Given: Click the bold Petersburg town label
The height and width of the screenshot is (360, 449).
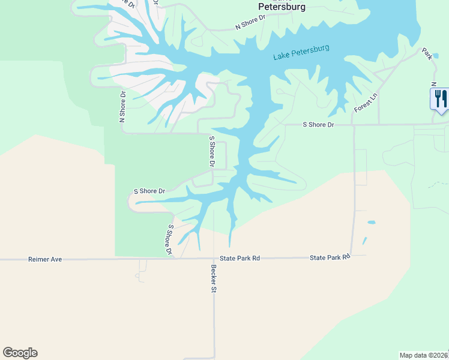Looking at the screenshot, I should point(282,7).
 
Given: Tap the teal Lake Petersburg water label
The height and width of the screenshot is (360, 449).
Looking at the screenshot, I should point(301,52).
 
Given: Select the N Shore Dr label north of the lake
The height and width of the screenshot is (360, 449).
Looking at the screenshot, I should point(250,22).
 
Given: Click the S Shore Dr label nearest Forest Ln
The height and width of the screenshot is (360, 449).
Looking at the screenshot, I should point(318,124).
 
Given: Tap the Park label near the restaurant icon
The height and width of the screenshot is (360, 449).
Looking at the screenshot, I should point(427,53).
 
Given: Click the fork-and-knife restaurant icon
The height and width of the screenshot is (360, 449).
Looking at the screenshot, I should point(440,98).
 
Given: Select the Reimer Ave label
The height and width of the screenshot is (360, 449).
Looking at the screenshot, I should point(45,259).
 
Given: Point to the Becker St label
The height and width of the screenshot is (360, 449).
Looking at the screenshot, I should point(212,278).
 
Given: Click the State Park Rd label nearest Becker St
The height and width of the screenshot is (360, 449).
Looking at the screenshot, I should point(240,258).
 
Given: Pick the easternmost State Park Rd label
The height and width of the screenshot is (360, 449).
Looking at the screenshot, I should point(330,257).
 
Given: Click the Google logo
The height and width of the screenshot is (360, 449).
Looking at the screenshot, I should point(20,353).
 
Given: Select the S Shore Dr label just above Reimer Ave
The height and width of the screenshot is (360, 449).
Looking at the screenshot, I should point(170,240).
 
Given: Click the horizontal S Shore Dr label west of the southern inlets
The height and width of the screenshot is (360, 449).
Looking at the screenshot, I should point(149,191).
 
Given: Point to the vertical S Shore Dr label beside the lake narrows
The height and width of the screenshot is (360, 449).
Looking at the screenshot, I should point(211,151).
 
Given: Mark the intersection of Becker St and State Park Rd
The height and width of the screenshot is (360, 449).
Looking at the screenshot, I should point(214,259).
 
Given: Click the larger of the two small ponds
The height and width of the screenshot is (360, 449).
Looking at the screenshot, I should point(371,223).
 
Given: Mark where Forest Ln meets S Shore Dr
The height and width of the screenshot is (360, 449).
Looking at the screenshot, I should point(353,125).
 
